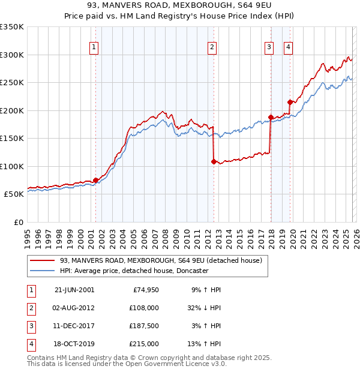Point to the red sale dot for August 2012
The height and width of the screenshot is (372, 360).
[214, 161]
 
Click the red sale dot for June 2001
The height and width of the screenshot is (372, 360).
[95, 180]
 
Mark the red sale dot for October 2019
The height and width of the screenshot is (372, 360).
[290, 102]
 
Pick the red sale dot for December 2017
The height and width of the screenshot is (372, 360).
[271, 117]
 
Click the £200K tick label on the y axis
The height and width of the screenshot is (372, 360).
[12, 110]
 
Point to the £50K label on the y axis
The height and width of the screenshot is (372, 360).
[14, 194]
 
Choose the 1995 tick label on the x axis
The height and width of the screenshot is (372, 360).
[27, 234]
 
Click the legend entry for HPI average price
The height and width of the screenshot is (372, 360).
[134, 271]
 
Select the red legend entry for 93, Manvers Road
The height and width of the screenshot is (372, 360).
[161, 261]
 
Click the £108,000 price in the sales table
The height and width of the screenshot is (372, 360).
[144, 308]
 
